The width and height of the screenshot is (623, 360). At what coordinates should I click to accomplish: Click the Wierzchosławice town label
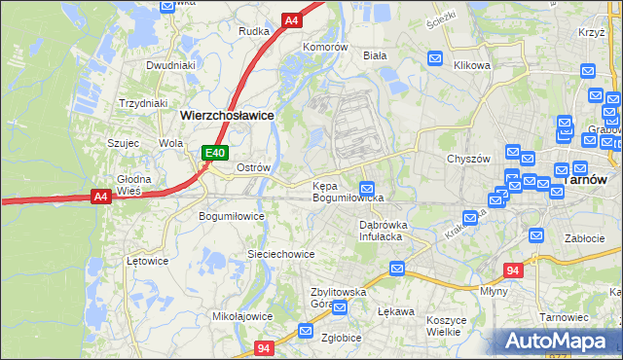pyautogui.click(x=227, y=115)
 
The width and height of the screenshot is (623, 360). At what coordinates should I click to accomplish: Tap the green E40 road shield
pyautogui.click(x=215, y=153)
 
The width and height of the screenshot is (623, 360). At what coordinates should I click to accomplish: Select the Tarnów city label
pyautogui.click(x=585, y=180)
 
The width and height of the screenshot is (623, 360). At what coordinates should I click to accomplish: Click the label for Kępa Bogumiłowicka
pyautogui.click(x=348, y=192)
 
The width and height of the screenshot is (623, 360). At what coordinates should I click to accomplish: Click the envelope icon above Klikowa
pyautogui.click(x=436, y=58)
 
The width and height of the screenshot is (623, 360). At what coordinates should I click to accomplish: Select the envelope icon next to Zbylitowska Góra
pyautogui.click(x=340, y=309)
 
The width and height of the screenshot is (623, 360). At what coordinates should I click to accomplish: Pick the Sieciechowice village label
pyautogui.click(x=280, y=254)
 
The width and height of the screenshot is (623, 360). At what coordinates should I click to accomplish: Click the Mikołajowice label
pyautogui.click(x=242, y=316)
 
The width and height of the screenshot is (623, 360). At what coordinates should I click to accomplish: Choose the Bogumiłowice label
pyautogui.click(x=231, y=216)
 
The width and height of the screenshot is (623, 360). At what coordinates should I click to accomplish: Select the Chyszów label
pyautogui.click(x=465, y=159)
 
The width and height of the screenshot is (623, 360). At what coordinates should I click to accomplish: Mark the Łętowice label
pyautogui.click(x=148, y=261)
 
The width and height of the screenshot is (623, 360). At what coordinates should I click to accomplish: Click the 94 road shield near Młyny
pyautogui.click(x=514, y=270)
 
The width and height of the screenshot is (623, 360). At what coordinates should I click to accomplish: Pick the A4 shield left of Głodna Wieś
pyautogui.click(x=100, y=197)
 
